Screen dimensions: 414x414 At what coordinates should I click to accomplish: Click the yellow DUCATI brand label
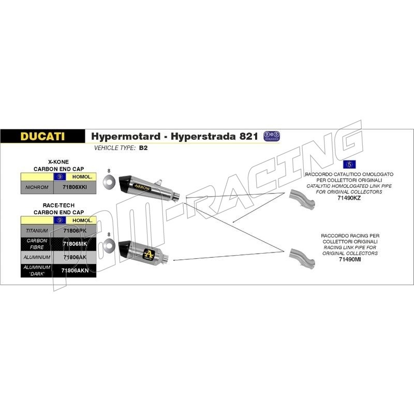42,136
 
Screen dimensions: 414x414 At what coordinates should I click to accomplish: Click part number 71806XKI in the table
75,187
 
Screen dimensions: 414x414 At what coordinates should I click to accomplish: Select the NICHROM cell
36,187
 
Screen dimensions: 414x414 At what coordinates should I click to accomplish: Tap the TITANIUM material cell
37,230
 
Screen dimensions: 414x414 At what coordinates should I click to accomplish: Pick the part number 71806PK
75,230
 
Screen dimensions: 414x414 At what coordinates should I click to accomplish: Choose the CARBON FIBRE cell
37,244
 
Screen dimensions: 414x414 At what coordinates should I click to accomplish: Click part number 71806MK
75,244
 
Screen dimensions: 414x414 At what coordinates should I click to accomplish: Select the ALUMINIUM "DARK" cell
37,270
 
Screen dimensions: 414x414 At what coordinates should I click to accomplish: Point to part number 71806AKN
75,270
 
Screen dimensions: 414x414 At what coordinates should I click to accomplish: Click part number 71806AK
75,257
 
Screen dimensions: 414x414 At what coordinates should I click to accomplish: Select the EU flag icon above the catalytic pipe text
350,164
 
